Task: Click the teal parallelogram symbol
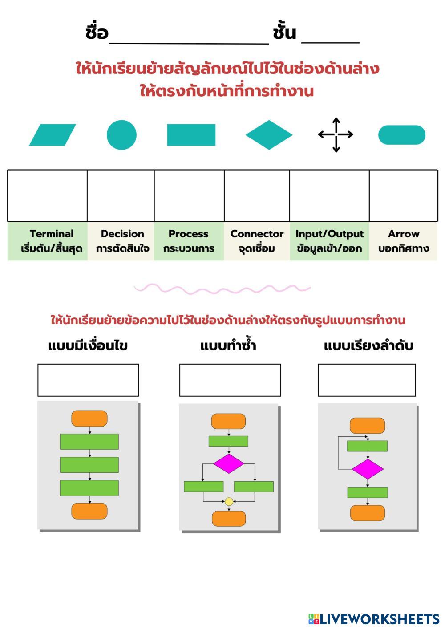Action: pos(53,135)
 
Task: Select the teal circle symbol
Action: pos(121,135)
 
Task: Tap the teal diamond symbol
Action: pos(269,135)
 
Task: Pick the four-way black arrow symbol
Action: pos(336,135)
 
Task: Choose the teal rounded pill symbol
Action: pos(401,135)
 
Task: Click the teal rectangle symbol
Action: pos(191,135)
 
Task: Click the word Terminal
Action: pos(52,234)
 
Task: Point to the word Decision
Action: pos(122,234)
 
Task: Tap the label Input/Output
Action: pos(329,234)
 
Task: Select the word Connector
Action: pos(257,234)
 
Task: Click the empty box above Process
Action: pos(189,195)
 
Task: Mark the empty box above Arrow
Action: pos(403,195)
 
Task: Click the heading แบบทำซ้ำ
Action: pos(228,346)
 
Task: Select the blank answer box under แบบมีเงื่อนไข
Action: pos(88,380)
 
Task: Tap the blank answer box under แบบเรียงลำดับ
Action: pos(367,380)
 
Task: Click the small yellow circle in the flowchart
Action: pos(229,502)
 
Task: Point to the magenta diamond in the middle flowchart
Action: pos(229,463)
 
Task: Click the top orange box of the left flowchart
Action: pos(89,419)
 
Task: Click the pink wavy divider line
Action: pos(222,289)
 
